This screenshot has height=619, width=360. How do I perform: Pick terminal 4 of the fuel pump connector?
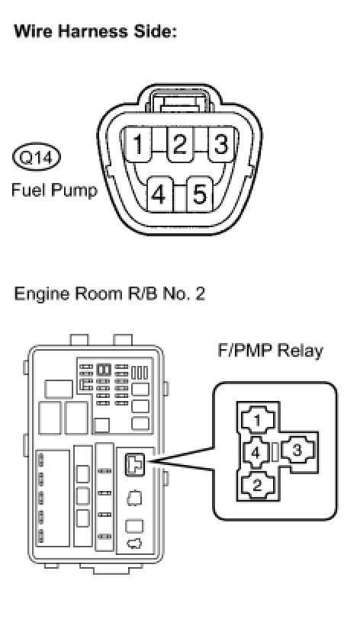(x=159, y=194)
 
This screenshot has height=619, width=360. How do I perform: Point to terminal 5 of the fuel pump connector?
(x=200, y=194)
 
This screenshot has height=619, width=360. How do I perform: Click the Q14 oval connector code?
(x=37, y=158)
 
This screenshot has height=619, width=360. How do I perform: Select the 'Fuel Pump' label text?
(x=54, y=190)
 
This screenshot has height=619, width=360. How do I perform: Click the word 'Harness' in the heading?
(x=92, y=30)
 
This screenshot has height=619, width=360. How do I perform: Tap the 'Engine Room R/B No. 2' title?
(x=110, y=293)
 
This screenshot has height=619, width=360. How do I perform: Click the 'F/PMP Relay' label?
(x=270, y=351)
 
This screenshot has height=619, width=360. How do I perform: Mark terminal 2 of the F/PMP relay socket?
(x=257, y=484)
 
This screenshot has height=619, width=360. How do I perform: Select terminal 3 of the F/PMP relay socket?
(x=297, y=450)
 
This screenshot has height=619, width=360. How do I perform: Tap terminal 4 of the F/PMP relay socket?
(x=256, y=452)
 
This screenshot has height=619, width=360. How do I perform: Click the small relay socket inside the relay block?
(x=135, y=464)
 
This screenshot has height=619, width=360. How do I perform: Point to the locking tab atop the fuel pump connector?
(x=180, y=98)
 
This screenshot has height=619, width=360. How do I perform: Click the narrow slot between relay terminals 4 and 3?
(x=276, y=451)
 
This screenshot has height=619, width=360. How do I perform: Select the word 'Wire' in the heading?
(x=34, y=30)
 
